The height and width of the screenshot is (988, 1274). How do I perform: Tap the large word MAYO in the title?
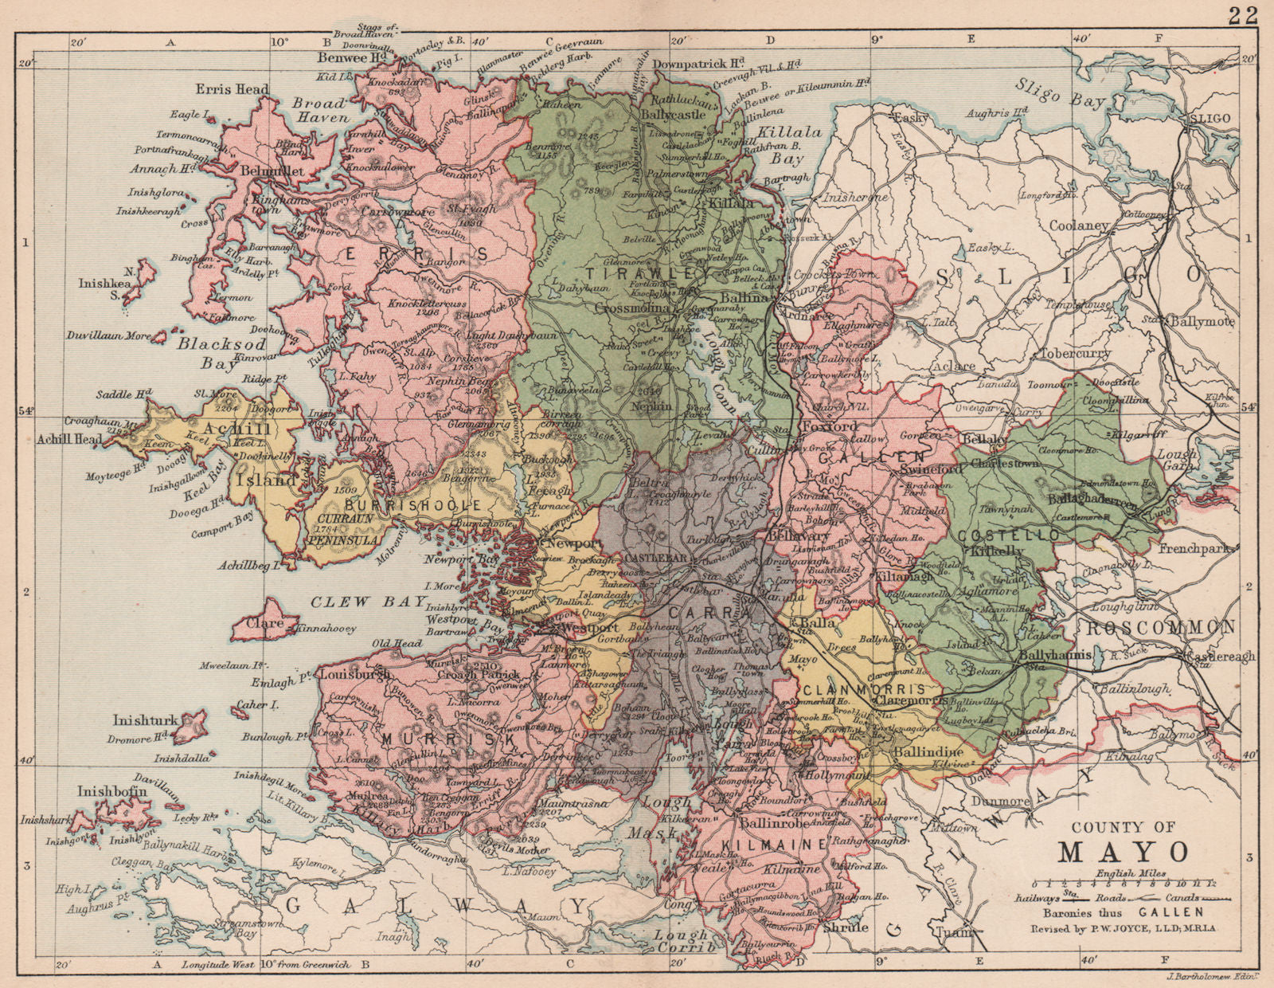1123,852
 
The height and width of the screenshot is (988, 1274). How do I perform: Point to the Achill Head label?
68,439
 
